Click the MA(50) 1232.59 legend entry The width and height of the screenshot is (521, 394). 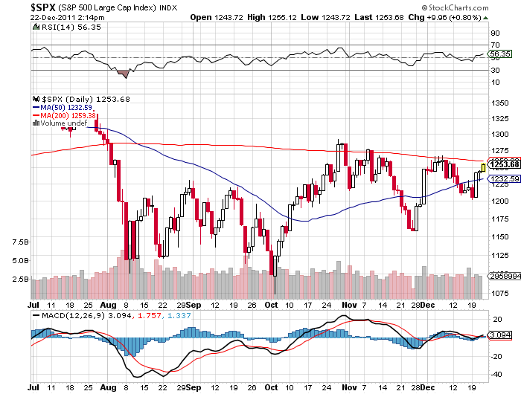(x=68, y=107)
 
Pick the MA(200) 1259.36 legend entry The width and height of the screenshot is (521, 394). (x=70, y=115)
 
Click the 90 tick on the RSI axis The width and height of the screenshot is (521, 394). (x=494, y=33)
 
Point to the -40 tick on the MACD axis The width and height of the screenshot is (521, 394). (x=495, y=374)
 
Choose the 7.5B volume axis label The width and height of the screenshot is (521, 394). (x=20, y=242)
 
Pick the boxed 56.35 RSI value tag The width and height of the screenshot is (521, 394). (x=499, y=54)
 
